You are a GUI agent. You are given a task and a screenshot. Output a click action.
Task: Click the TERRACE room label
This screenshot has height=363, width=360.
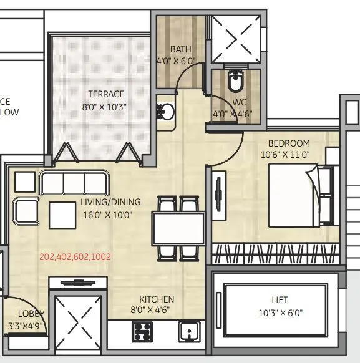106,95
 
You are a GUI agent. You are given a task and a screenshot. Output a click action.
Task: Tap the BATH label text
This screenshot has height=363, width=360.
180,49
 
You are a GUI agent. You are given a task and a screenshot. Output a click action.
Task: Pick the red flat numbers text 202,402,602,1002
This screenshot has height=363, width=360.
84,256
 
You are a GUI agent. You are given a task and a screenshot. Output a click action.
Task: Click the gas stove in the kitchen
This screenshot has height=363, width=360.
142,331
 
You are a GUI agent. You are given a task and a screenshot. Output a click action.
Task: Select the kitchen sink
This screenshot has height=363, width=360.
188,331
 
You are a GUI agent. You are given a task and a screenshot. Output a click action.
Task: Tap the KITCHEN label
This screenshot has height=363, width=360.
157,299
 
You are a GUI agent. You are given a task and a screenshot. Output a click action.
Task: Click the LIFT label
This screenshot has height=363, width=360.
280,299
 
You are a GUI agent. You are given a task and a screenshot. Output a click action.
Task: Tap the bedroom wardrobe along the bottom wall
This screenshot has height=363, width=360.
275,254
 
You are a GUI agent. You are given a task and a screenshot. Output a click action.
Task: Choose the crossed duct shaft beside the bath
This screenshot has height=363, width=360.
235,37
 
